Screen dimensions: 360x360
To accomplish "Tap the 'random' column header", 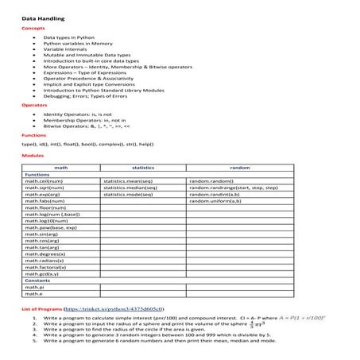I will (x=239, y=168).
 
